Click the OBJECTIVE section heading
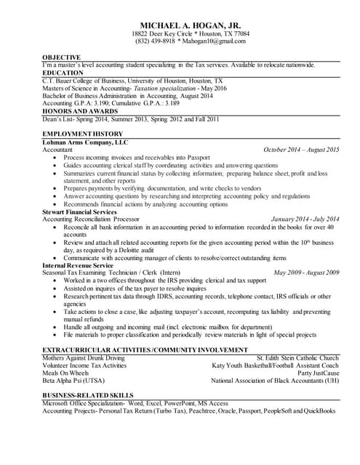(x=61, y=57)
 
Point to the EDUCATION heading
(x=63, y=73)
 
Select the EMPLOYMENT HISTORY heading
(x=82, y=136)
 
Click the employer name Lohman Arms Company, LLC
(x=85, y=143)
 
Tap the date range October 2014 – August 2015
(x=301, y=150)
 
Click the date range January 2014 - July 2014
(x=305, y=219)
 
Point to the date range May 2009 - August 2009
(x=306, y=272)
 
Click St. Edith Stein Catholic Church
(x=297, y=358)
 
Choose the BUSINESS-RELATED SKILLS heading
(x=89, y=395)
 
